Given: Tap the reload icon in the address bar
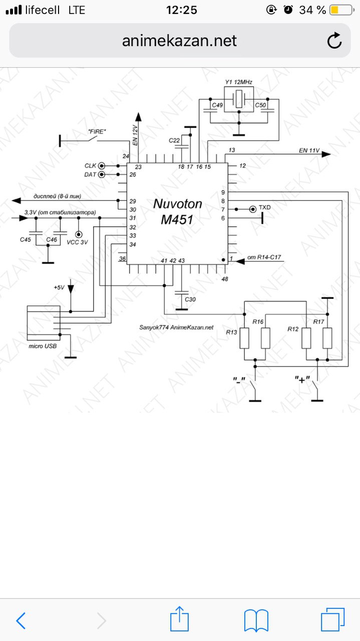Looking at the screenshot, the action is tap(334, 41).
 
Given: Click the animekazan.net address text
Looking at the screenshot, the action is tap(179, 41).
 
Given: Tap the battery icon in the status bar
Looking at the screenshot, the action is tap(341, 11).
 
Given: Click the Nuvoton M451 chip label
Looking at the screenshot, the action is tap(177, 211).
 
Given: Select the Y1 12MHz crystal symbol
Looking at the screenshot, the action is tap(239, 99).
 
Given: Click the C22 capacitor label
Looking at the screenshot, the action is tap(174, 140).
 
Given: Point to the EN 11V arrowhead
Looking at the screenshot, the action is tap(326, 154).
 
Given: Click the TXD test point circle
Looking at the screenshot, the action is tap(253, 209).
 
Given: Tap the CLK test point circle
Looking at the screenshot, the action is tap(102, 166).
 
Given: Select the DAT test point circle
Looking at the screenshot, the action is tap(102, 174).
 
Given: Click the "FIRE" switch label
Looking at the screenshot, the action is tap(97, 132).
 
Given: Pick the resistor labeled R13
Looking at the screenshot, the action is tap(244, 338).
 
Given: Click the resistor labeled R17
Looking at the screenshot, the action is tap(327, 338).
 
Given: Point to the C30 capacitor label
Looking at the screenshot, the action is tap(190, 299).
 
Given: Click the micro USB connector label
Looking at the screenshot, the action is tap(43, 346).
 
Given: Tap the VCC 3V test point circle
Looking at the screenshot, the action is tap(79, 235).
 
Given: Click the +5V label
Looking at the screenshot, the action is tap(59, 287).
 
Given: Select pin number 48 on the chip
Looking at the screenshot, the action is tap(225, 279).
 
